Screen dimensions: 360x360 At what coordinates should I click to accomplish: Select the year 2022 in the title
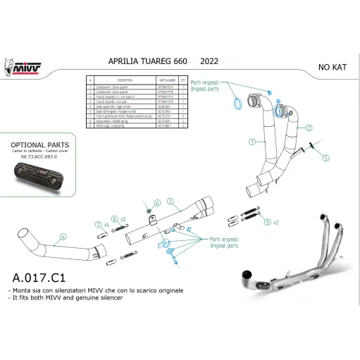tap(199, 61)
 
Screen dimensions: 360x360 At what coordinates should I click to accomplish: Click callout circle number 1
tap(252, 141)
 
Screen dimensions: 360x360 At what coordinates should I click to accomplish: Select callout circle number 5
tap(325, 159)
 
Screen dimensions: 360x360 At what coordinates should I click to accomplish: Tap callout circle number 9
tap(267, 222)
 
